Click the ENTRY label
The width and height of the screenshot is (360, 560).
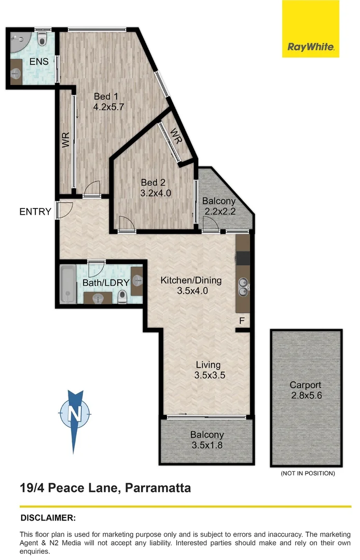click(35, 212)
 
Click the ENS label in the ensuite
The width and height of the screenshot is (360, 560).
click(39, 62)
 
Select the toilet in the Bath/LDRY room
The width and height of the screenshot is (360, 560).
click(122, 296)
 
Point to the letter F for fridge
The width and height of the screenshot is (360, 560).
click(242, 320)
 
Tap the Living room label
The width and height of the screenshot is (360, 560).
click(208, 365)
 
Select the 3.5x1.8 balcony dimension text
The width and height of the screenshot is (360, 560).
click(207, 445)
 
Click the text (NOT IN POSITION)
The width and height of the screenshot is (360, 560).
click(308, 473)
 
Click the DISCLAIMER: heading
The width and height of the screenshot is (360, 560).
click(48, 517)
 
